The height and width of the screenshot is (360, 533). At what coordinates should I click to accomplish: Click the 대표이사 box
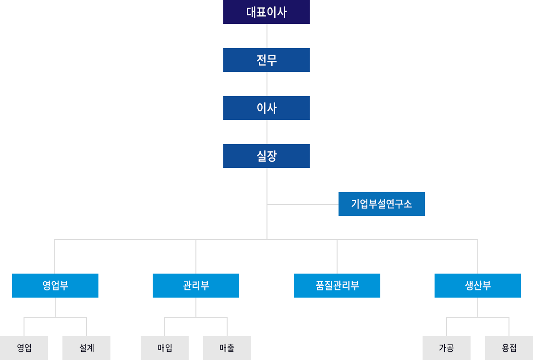266,12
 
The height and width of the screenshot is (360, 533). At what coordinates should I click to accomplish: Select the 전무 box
266,60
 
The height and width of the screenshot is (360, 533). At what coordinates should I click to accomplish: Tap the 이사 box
266,108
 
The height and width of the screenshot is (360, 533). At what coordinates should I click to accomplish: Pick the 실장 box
266,156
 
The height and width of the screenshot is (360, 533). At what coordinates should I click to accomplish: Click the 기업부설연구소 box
382,204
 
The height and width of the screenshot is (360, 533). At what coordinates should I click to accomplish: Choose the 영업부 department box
55,286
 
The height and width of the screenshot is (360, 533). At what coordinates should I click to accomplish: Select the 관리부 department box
196,286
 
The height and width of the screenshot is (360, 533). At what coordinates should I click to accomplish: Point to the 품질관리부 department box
337,286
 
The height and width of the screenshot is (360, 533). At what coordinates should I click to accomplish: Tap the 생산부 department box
478,286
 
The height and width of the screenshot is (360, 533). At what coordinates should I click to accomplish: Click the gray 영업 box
24,348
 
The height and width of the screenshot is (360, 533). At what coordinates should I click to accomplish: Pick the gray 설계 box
86,348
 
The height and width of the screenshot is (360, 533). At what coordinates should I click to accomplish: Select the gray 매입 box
165,348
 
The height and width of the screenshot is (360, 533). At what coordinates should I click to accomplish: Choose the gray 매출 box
227,348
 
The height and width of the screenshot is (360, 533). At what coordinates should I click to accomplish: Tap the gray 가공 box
447,348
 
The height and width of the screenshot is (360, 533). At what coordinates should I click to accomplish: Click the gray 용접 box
509,348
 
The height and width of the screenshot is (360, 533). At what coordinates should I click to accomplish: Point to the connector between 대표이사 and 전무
267,36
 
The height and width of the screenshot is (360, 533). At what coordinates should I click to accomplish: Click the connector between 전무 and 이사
267,84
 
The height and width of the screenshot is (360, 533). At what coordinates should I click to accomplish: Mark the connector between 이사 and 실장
267,132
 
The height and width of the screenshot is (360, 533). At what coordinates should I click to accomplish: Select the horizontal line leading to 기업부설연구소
303,204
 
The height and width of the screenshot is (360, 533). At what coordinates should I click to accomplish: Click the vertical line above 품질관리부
337,257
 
